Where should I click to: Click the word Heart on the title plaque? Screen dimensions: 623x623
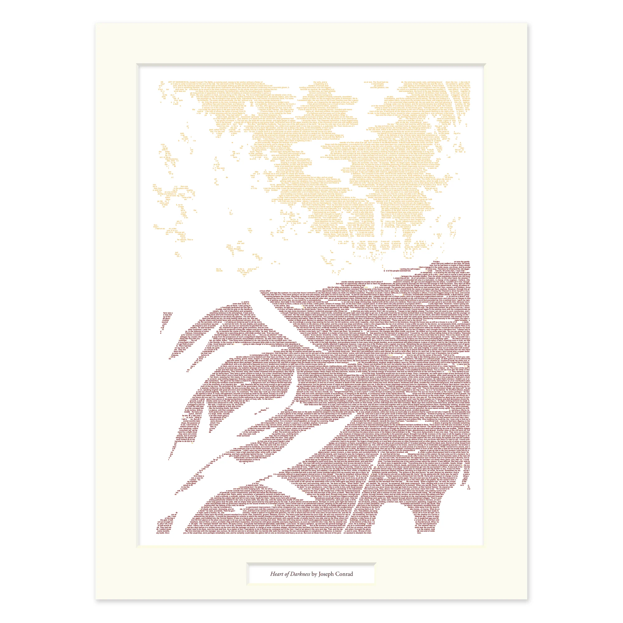276,574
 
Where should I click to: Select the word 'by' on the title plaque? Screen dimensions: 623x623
314,574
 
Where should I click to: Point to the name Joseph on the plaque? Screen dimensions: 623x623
327,574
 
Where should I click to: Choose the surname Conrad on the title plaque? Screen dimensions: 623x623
344,574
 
